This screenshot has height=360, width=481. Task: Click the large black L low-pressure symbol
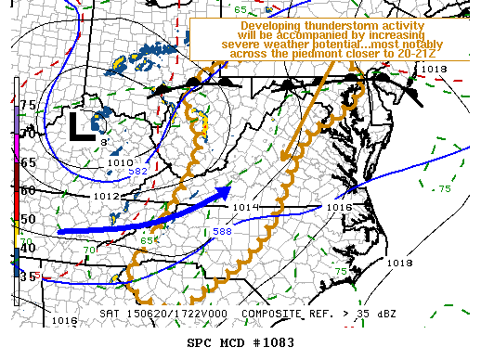[x=78, y=125]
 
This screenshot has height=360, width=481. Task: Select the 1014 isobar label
[x=245, y=207]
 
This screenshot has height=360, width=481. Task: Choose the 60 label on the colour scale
[x=28, y=190]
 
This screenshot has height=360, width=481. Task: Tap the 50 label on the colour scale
[x=28, y=219]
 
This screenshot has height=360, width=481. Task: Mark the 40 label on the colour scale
[x=28, y=247]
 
